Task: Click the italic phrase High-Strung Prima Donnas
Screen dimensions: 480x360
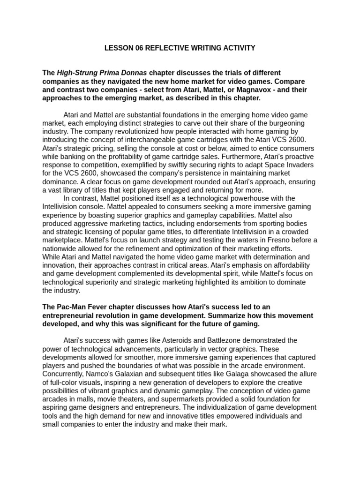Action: pyautogui.click(x=102, y=73)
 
